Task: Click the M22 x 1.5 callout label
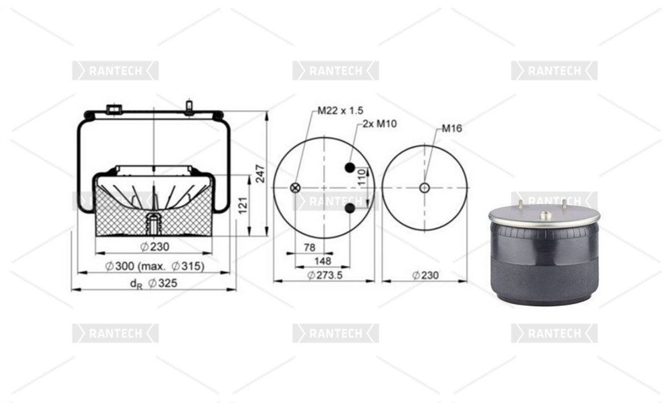click(340, 110)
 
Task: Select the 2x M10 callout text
click(380, 124)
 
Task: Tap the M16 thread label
click(452, 128)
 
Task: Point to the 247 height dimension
click(260, 173)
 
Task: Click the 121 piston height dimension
click(243, 206)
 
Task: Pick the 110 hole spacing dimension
click(361, 177)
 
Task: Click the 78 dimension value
click(310, 247)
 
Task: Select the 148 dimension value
click(323, 261)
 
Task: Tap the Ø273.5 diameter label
click(325, 275)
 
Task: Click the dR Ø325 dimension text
click(153, 283)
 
